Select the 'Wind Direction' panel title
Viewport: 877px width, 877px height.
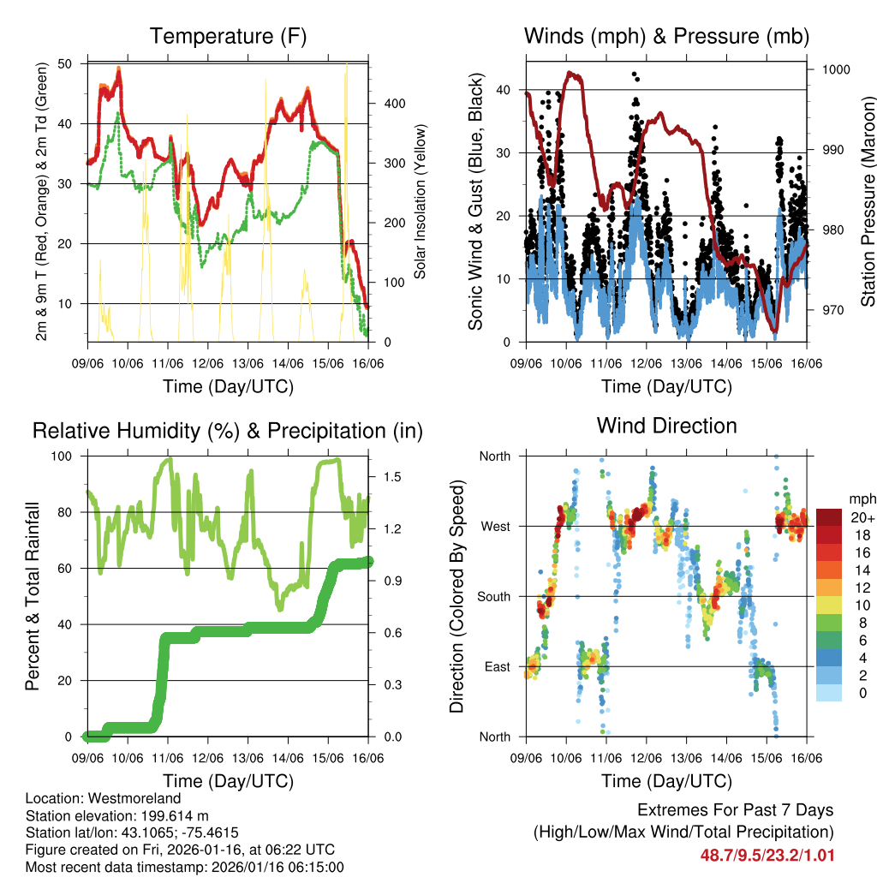pos(666,426)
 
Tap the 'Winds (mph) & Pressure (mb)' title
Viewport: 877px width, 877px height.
pos(666,36)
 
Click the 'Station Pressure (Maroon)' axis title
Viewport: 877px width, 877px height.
pos(867,201)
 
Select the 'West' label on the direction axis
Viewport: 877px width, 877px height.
pos(495,527)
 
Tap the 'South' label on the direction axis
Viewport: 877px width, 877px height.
pos(493,597)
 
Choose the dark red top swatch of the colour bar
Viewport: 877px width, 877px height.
pos(828,517)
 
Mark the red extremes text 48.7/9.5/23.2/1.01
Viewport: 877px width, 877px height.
pos(767,854)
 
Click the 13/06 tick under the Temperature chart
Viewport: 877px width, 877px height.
pos(248,364)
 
